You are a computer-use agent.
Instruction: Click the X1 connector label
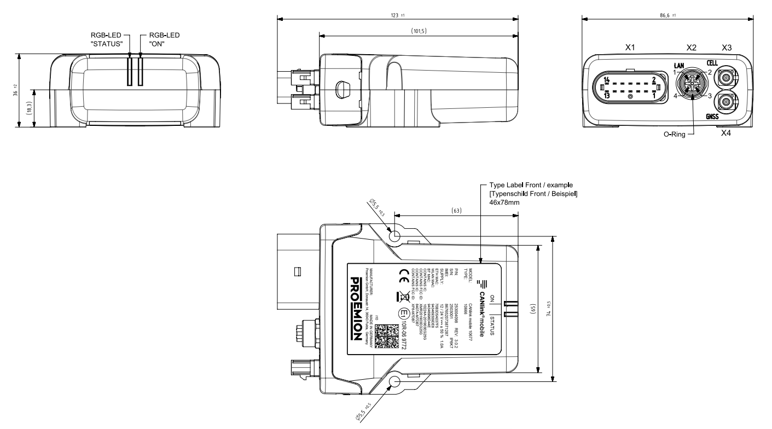(x=630, y=48)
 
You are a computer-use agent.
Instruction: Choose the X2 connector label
(x=691, y=48)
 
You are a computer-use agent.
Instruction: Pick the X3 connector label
(x=727, y=48)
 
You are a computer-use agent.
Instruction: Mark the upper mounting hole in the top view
(x=395, y=235)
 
